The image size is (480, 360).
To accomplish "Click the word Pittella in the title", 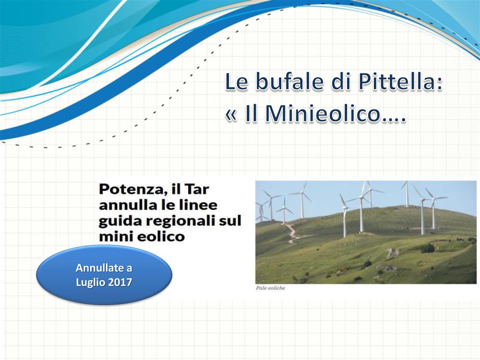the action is tap(400, 82).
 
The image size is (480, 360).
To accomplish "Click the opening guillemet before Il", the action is tap(231, 115).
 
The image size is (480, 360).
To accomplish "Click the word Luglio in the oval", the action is tap(90, 282).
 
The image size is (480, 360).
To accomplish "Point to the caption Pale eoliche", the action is tap(270, 288).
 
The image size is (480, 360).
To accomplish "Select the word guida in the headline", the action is tap(118, 221).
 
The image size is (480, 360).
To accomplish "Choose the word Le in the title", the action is tap(237, 82).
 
